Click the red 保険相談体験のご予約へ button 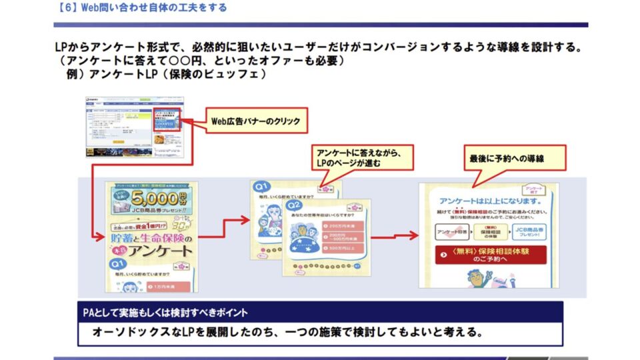(490, 255)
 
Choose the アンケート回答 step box (452, 233)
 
